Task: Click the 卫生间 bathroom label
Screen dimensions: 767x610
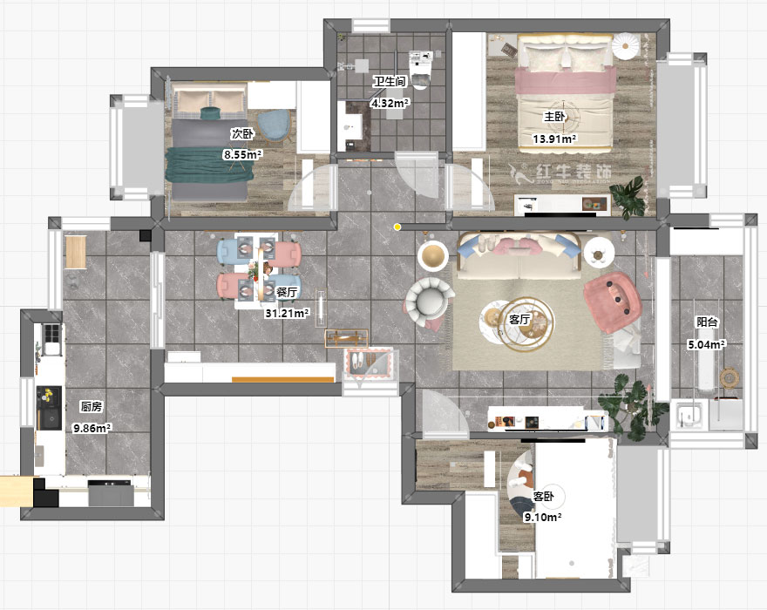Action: tap(390, 82)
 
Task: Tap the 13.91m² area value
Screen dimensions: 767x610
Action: tap(554, 139)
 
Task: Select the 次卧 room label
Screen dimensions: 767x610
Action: tap(242, 133)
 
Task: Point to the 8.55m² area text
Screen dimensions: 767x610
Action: tap(243, 154)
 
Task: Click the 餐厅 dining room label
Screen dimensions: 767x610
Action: tap(287, 292)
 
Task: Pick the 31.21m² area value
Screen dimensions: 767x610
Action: tap(287, 313)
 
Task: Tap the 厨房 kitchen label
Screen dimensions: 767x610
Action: tap(92, 406)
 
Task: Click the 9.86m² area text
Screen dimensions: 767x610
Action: tap(92, 428)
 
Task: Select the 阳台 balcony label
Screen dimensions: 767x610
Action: tap(707, 322)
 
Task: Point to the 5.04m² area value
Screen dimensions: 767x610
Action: tap(707, 344)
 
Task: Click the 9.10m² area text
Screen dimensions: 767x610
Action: tap(543, 517)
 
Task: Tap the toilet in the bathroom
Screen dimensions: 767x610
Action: tap(420, 70)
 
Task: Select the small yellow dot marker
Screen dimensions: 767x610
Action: tap(398, 227)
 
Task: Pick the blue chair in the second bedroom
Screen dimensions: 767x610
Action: tap(274, 125)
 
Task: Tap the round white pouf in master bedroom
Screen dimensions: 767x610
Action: tap(625, 45)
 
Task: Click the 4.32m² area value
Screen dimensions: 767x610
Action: tap(390, 103)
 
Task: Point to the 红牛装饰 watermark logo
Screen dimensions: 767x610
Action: tap(560, 173)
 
